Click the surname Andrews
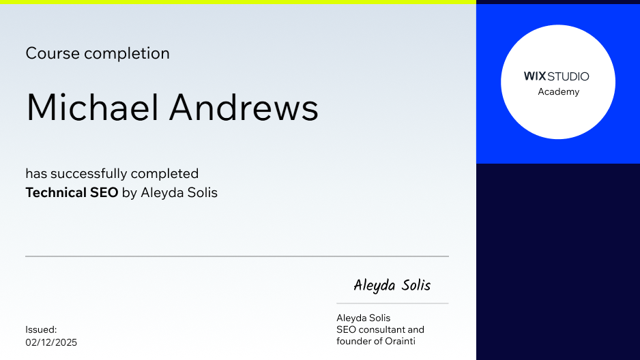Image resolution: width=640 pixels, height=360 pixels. (244, 108)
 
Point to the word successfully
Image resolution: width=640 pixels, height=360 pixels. (88, 174)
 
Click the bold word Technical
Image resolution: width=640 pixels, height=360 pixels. (56, 193)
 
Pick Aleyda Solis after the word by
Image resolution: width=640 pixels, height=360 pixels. (179, 193)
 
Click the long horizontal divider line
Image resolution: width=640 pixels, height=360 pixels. (237, 256)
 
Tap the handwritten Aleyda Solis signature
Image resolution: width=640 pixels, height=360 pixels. (392, 285)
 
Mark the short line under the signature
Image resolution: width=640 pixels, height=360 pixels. (392, 303)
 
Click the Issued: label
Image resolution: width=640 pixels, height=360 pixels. (41, 329)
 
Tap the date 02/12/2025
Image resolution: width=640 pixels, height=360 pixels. (51, 342)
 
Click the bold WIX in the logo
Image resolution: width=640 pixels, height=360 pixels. (534, 76)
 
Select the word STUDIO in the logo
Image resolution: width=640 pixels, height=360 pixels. (568, 76)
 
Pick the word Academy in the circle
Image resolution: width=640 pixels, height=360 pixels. (558, 92)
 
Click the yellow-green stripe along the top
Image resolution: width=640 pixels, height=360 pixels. (237, 2)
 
